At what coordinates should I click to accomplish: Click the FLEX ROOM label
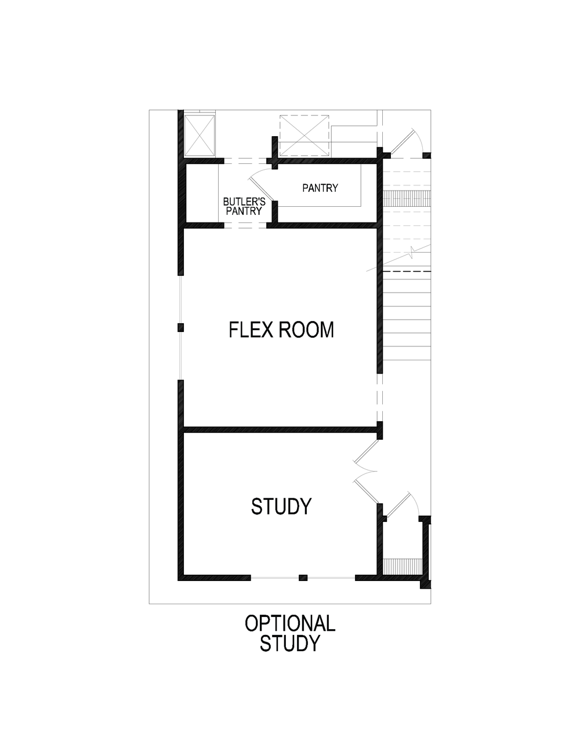tap(281, 330)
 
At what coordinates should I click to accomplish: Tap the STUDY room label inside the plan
tap(281, 506)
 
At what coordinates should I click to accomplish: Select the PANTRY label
tap(320, 188)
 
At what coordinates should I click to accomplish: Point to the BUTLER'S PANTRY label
tap(244, 206)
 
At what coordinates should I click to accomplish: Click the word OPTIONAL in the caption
tap(290, 624)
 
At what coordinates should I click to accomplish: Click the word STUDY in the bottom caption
tap(290, 644)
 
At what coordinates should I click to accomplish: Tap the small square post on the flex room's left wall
tap(180, 328)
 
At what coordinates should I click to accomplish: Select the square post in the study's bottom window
tap(303, 578)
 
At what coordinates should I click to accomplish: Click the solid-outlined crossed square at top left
tap(200, 135)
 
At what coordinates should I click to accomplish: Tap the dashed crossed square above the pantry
tap(304, 136)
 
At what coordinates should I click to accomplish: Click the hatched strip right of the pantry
tap(407, 198)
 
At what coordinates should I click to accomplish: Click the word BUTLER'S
tap(244, 202)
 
